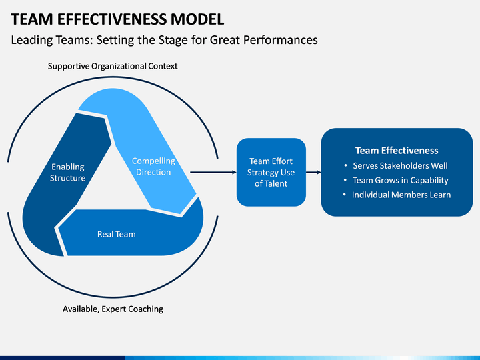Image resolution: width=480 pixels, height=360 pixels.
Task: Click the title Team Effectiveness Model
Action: [x=117, y=19]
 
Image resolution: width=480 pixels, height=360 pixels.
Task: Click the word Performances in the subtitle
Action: [x=281, y=40]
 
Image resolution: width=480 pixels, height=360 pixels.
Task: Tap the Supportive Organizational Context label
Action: [x=113, y=66]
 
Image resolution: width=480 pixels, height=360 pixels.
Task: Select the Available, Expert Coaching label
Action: [x=113, y=309]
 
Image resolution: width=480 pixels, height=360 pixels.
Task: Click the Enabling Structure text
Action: [x=67, y=173]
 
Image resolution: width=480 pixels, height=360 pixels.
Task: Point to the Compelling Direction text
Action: [x=153, y=167]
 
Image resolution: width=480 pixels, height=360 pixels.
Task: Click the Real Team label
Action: [x=116, y=234]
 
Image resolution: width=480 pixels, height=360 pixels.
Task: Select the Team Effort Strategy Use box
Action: [x=271, y=172]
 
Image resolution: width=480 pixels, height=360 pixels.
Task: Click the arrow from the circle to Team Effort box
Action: [x=213, y=172]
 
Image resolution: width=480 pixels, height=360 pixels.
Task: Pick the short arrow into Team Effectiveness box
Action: [x=313, y=172]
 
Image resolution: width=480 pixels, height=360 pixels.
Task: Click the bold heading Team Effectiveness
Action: [x=397, y=150]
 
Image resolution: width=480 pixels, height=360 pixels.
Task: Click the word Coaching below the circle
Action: [x=146, y=309]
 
